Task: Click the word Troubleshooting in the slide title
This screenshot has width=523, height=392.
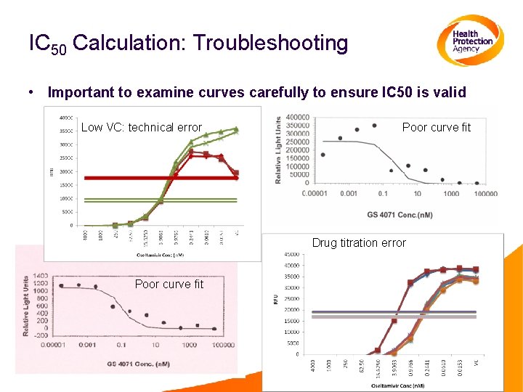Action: click(x=271, y=44)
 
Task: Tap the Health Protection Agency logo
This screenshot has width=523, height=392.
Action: click(x=470, y=41)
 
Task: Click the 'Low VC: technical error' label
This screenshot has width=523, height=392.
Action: click(x=141, y=127)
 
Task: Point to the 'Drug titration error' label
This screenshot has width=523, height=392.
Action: click(x=359, y=242)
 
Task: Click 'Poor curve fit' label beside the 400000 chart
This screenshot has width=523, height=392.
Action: click(x=436, y=127)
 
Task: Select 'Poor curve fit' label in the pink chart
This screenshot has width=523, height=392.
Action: click(x=169, y=284)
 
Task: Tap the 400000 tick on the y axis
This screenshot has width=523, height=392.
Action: click(x=299, y=117)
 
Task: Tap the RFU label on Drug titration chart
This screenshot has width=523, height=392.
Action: click(x=276, y=299)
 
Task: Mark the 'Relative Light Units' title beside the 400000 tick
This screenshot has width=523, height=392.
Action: click(x=278, y=150)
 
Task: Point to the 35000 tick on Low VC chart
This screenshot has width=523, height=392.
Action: click(x=65, y=131)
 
